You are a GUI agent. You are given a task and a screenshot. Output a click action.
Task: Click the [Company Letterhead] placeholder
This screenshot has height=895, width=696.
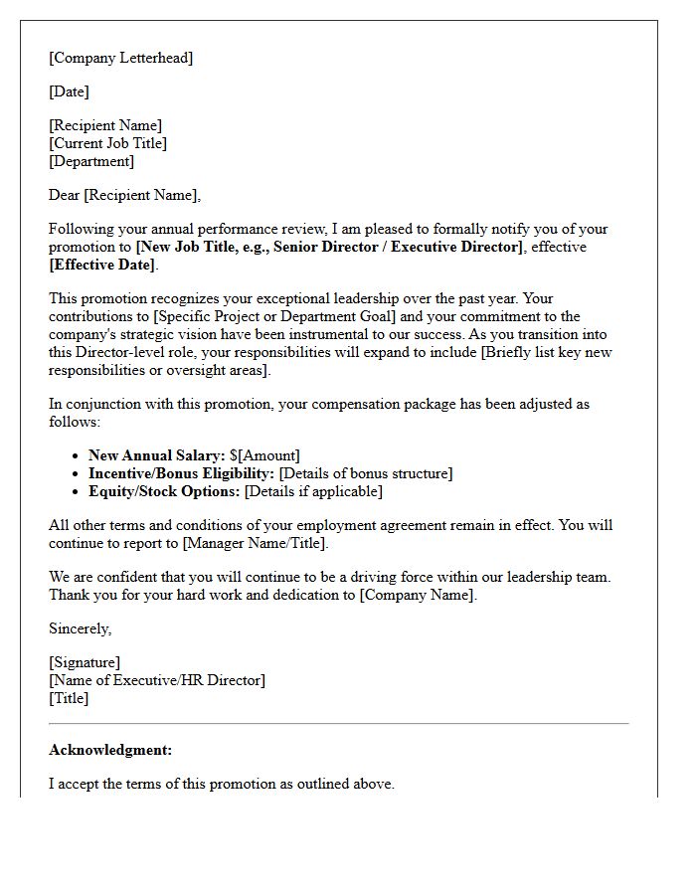120,58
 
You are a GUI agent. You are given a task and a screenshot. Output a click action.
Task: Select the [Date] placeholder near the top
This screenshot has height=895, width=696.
69,91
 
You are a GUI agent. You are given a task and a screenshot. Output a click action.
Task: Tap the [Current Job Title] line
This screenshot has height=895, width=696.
107,143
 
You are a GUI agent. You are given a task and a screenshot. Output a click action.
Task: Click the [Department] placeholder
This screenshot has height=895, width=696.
91,161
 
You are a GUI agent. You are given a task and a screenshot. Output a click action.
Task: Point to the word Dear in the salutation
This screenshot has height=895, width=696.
65,195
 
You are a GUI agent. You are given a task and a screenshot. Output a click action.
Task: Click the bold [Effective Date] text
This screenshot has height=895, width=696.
102,265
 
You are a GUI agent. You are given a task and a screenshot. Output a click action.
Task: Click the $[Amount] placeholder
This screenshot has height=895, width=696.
264,455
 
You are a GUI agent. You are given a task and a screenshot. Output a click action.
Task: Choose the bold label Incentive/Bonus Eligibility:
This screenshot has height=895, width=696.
181,473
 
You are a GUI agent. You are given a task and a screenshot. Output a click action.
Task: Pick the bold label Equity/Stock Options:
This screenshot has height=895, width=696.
164,491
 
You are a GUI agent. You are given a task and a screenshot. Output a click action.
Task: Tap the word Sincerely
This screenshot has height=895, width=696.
80,628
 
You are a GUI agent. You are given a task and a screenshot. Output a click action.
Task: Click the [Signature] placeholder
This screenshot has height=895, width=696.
85,662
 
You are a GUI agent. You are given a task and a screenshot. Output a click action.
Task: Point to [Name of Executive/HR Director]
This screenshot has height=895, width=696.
157,680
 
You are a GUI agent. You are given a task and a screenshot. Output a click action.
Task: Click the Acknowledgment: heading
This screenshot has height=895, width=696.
110,750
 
